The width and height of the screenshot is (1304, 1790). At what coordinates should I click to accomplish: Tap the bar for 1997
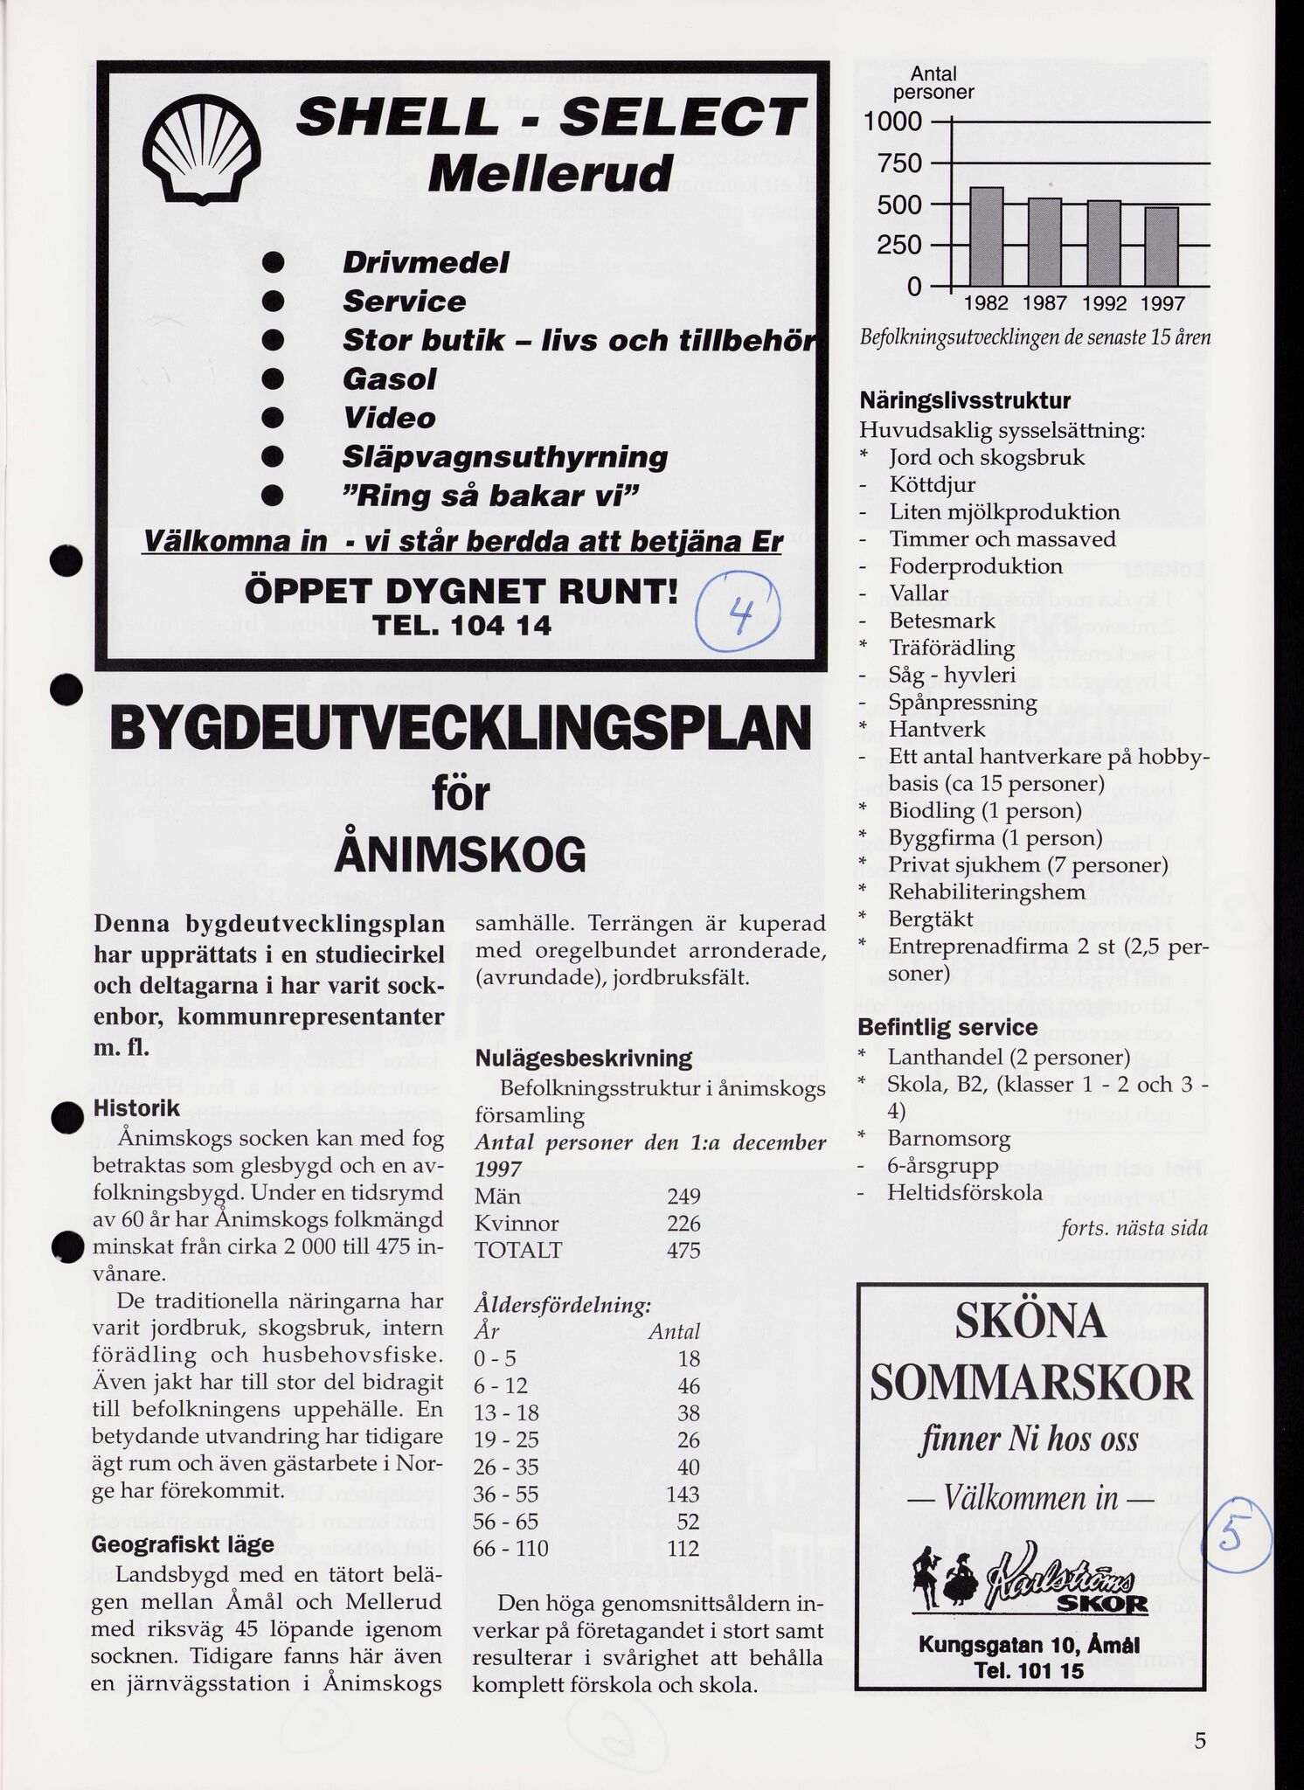pos(1162,246)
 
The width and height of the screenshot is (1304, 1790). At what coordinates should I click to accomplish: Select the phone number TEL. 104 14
pos(462,627)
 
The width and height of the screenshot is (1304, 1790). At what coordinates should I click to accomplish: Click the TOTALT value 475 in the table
pos(683,1250)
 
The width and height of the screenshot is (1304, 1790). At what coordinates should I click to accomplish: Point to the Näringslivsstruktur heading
pos(965,401)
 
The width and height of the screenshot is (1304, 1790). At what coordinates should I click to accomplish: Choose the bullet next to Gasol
pos(276,379)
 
